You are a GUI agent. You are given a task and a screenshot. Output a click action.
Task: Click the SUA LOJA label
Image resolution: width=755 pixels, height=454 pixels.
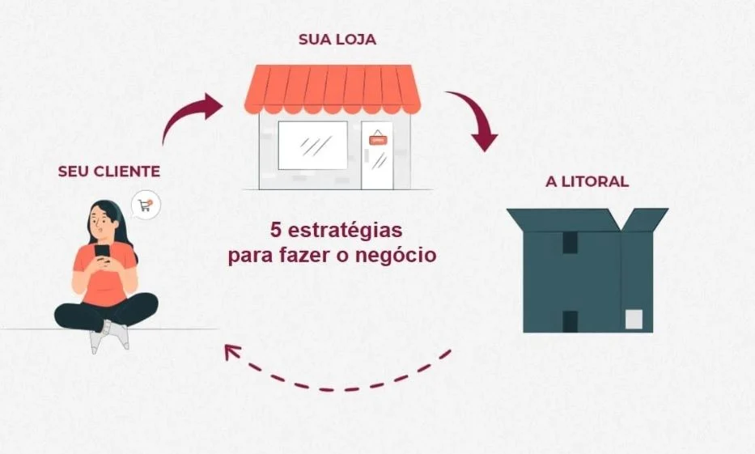pos(337,39)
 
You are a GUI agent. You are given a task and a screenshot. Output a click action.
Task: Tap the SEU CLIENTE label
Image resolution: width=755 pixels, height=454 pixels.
pos(108,172)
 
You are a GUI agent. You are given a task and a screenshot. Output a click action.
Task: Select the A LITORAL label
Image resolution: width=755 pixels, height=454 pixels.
pos(587,181)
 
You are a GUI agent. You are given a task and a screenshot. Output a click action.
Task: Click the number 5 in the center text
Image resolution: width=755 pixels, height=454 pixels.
pos(275,230)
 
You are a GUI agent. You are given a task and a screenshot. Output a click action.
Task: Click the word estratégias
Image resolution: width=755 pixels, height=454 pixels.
pos(345,231)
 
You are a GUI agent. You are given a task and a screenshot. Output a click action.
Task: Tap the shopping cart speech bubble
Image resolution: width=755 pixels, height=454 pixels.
pos(146,206)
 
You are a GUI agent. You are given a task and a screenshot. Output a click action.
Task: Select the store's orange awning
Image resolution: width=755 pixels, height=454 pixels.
pos(333,89)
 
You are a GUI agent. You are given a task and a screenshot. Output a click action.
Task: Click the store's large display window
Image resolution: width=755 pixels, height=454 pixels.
pos(313,146)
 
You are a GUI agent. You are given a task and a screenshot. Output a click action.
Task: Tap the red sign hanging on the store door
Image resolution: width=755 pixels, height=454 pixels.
pos(377,139)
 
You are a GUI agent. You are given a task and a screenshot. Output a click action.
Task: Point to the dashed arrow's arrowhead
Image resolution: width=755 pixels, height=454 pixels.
pos(232,352)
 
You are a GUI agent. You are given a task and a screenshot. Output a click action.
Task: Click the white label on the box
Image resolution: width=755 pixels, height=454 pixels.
pos(634,320)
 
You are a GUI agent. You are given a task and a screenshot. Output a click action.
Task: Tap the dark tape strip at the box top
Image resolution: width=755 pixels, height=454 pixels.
pos(570,243)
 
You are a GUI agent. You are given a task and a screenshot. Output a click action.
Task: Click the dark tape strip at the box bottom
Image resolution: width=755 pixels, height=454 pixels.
pos(570,321)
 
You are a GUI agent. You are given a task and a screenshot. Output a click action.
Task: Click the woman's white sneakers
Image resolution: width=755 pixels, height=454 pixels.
pos(109,336)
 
